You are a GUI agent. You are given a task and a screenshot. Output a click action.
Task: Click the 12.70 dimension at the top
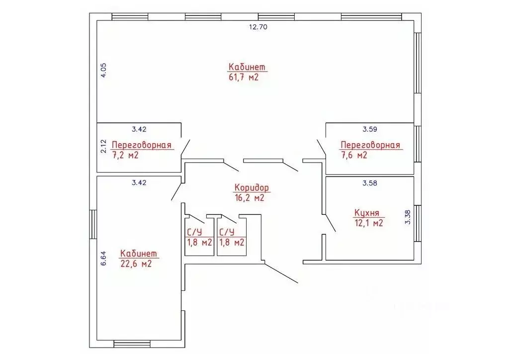tap(258, 27)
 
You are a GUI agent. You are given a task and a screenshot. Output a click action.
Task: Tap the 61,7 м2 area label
tap(244, 77)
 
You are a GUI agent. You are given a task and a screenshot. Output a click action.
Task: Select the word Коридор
tap(252, 187)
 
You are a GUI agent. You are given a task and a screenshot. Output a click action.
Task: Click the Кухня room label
tap(366, 213)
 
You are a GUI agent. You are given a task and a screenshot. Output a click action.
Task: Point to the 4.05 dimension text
tap(103, 70)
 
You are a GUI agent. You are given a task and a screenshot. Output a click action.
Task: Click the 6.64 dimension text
tap(103, 259)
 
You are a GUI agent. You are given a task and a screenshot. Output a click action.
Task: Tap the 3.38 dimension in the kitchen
tap(408, 217)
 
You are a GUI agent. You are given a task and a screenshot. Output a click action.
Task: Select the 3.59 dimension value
tap(370, 129)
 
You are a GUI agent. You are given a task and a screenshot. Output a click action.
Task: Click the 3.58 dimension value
tap(370, 183)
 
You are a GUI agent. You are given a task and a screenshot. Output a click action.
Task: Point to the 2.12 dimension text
tap(103, 146)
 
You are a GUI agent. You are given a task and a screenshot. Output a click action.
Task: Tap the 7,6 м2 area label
tap(354, 155)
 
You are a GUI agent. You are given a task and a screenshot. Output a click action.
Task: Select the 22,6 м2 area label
tap(136, 264)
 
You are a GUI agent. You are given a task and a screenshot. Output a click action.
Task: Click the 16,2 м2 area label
tap(250, 198)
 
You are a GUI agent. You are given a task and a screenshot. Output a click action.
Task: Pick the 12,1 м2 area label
tap(369, 223)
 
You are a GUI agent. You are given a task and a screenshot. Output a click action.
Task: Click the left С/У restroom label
tap(194, 232)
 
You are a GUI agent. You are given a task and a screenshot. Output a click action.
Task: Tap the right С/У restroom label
tap(227, 232)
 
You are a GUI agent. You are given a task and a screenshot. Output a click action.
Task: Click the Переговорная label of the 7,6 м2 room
tap(370, 145)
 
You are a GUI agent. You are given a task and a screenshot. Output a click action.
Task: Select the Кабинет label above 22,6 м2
tap(139, 253)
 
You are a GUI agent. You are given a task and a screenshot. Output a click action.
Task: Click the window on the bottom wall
tap(132, 344)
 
